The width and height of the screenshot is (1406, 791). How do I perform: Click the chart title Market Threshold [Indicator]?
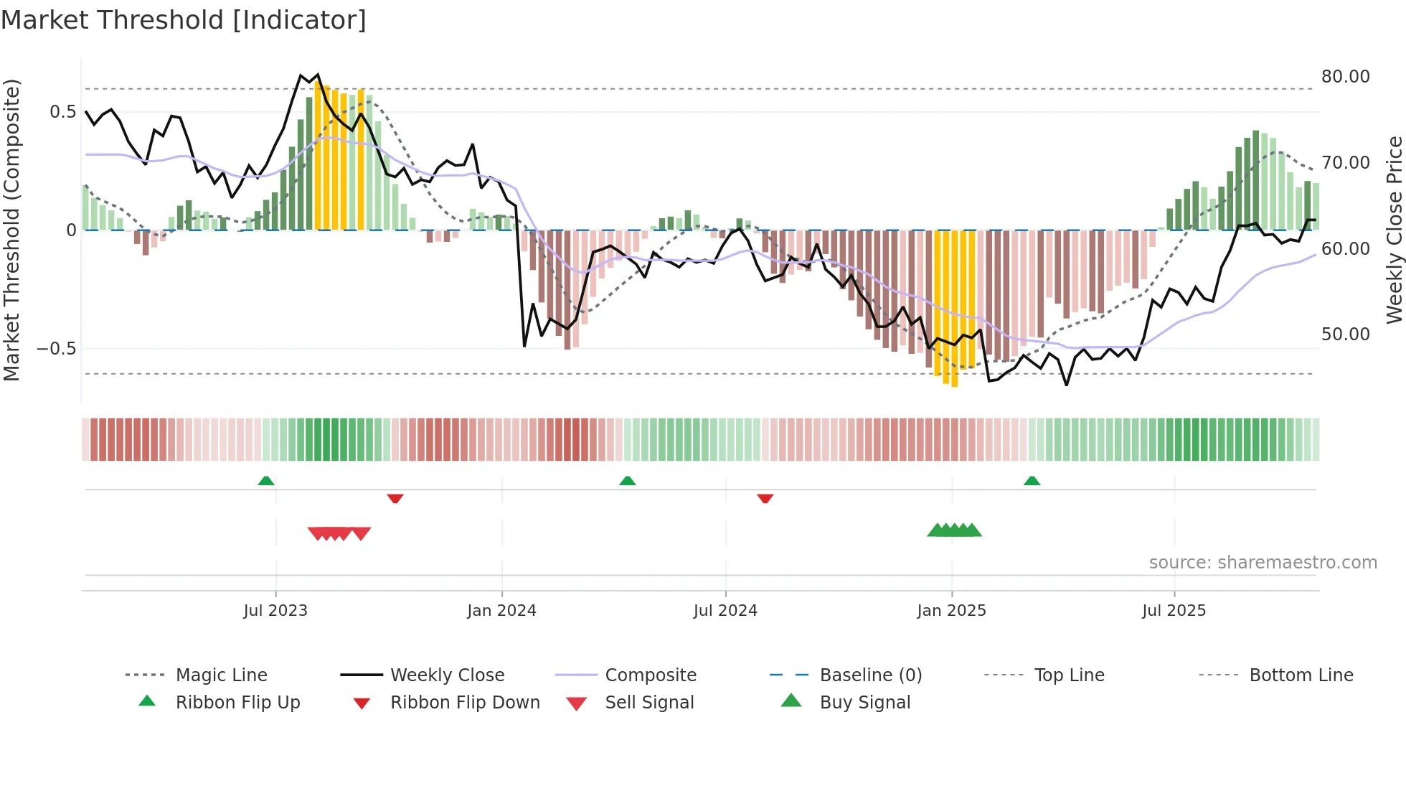pos(184,20)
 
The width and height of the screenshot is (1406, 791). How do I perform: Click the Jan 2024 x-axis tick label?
pos(501,610)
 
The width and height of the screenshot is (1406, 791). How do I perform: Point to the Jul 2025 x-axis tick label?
pos(1174,610)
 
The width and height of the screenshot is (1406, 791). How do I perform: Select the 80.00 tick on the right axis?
pos(1345,76)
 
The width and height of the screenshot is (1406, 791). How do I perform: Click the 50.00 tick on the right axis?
pos(1345,334)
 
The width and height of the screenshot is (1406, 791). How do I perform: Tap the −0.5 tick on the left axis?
pos(56,349)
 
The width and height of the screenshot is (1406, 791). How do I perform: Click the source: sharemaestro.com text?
pos(1263,562)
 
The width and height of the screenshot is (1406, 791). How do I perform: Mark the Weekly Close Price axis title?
pos(1394,230)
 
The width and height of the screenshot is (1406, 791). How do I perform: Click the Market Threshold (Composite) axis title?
pos(11,230)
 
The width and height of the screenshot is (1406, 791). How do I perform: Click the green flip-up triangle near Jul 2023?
pos(266,481)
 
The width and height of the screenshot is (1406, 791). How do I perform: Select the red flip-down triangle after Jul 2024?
pos(765,497)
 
